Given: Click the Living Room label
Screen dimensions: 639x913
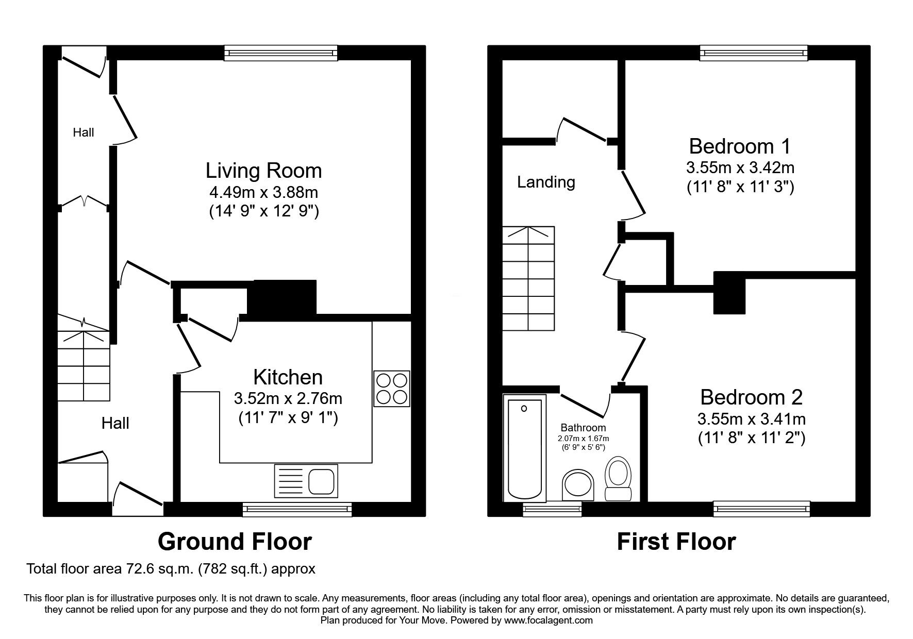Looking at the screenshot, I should coord(263,171).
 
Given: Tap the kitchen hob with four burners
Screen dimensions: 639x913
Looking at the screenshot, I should coord(391,389).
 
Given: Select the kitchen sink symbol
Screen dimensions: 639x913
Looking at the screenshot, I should coord(306,481).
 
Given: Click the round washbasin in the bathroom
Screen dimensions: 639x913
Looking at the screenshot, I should coord(578,484).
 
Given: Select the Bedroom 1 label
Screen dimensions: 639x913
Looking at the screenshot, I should coord(739,146).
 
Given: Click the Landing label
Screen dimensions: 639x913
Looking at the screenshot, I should coord(546,182).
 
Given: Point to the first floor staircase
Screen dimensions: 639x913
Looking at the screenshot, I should coord(529,278).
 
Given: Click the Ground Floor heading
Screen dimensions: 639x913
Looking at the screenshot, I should coord(235,542).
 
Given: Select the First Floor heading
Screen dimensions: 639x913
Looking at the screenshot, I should coord(676,542).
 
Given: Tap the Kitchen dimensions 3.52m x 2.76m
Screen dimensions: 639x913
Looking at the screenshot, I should coord(288,398).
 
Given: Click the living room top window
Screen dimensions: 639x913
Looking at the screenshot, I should coord(280,53).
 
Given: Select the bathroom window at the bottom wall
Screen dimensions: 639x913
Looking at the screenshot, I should coord(552,510).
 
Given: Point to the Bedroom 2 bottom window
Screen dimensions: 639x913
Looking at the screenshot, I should coord(761,509).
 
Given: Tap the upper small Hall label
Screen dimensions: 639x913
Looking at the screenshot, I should coord(83,132).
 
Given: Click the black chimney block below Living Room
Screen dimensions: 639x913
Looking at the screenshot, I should coord(282,297).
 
